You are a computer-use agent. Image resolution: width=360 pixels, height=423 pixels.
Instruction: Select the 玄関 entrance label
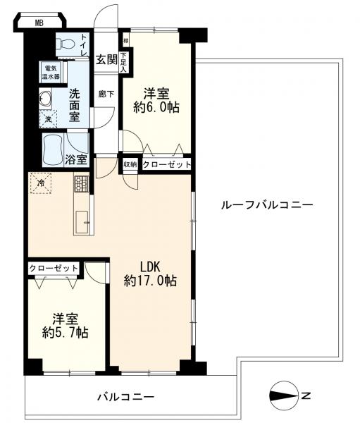106,59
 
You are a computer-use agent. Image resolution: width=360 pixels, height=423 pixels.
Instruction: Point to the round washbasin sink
46,99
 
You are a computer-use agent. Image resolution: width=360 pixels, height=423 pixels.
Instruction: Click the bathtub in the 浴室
54,148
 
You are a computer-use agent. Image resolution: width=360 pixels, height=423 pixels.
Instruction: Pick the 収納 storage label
130,164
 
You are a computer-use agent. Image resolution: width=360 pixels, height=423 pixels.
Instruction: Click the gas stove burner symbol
81,185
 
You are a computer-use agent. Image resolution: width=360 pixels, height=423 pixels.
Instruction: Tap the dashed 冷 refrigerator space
40,185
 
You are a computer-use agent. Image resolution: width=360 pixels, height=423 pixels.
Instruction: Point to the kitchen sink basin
82,218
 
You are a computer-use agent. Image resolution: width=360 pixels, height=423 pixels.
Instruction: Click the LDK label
150,266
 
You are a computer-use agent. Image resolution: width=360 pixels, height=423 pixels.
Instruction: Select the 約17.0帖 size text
150,281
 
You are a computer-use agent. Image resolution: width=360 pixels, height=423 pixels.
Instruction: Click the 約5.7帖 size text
64,332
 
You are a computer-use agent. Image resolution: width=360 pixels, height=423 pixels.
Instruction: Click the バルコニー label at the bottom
125,397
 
